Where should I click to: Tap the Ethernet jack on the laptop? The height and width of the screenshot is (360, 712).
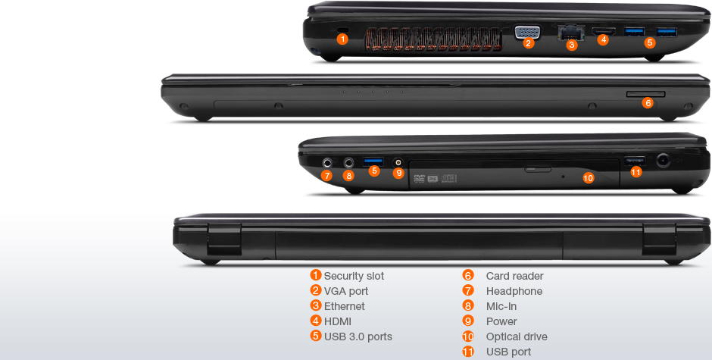coord(571,33)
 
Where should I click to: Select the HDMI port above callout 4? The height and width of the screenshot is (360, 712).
coord(604,31)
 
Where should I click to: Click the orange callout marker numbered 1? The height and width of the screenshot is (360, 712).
coord(343,39)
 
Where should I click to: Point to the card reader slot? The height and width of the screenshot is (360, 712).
coord(645,94)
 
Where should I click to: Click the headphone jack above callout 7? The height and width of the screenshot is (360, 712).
coord(327,162)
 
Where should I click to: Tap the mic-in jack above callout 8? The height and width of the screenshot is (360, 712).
coord(348,162)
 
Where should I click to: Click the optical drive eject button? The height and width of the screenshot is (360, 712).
coord(538,170)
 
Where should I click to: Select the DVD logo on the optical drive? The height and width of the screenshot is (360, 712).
coord(419,179)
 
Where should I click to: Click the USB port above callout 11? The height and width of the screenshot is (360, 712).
coord(635,161)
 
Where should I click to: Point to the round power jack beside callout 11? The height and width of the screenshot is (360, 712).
coord(664,160)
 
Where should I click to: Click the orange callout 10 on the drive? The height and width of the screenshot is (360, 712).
coord(588,178)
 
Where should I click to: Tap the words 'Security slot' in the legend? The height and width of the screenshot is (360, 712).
coord(354,276)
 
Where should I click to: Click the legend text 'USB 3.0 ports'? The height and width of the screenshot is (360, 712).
coord(358,337)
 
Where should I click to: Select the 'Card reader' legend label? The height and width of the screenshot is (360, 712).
coord(514,276)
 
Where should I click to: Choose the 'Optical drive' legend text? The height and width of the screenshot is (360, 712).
coord(517,337)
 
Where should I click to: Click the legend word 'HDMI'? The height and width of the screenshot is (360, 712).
coord(337,321)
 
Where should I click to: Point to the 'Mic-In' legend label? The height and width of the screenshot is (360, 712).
coord(501,306)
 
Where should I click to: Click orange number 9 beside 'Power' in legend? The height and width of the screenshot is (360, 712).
coord(468,321)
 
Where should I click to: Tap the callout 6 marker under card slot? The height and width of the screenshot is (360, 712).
coord(648,103)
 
